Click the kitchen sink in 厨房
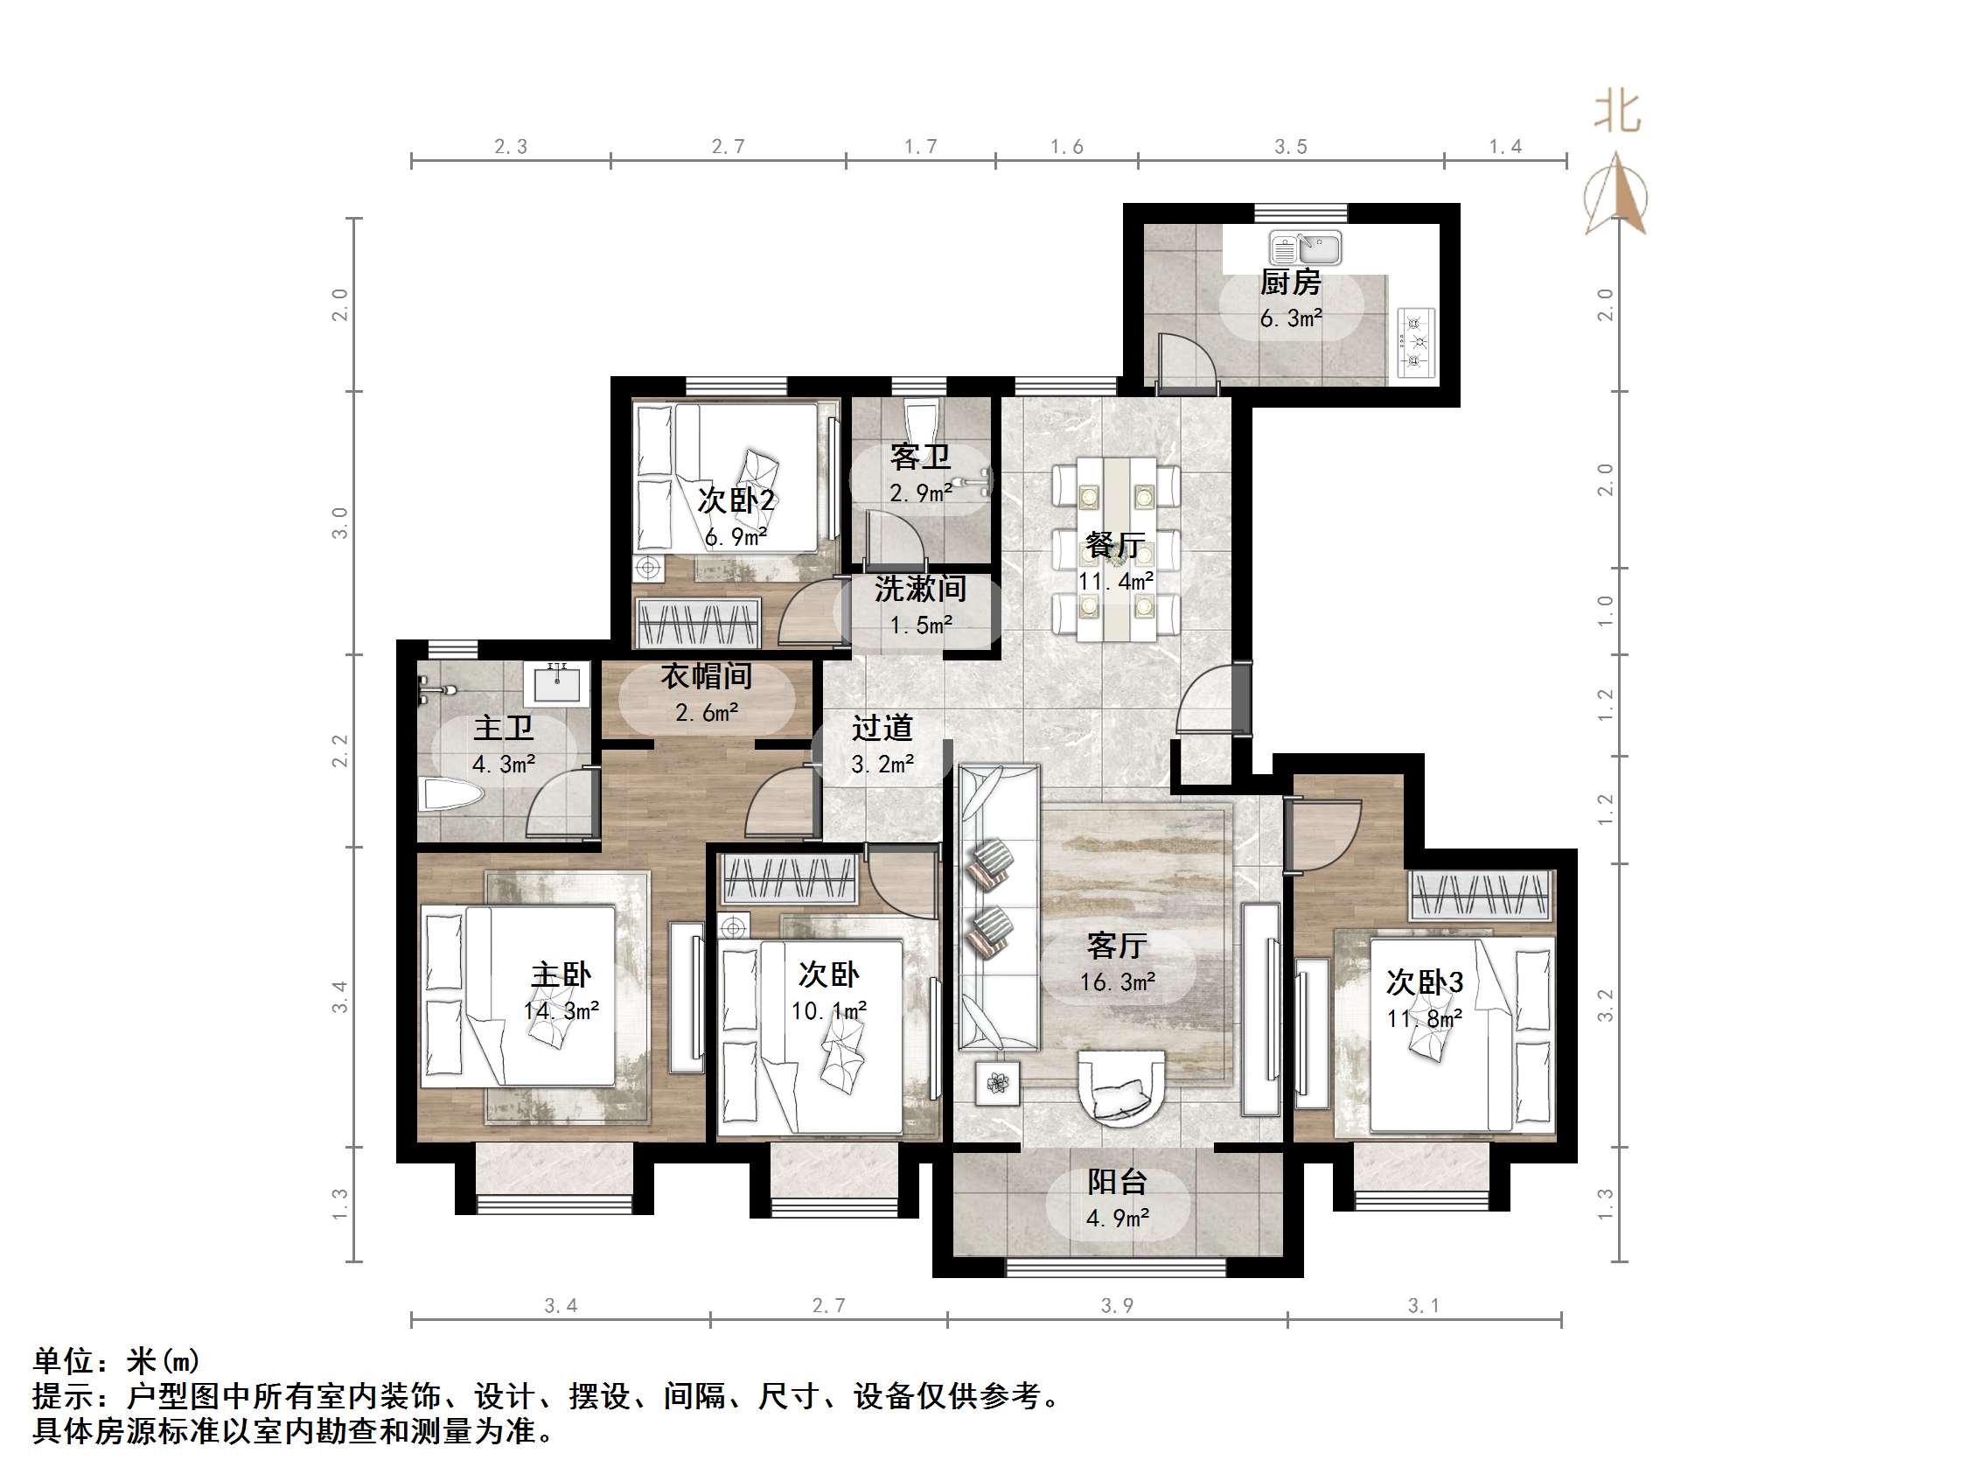(1306, 248)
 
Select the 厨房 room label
(1290, 283)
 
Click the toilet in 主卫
(450, 793)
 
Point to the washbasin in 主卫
(561, 686)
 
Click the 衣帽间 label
(706, 677)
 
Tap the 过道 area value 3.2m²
(882, 765)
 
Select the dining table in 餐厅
(1116, 548)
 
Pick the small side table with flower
(997, 1084)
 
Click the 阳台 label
(1117, 1182)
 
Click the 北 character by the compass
(1617, 114)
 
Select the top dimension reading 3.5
(1290, 147)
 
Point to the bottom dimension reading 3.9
(1116, 1306)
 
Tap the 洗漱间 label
(920, 590)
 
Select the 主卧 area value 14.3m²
(562, 1010)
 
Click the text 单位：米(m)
(116, 1360)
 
